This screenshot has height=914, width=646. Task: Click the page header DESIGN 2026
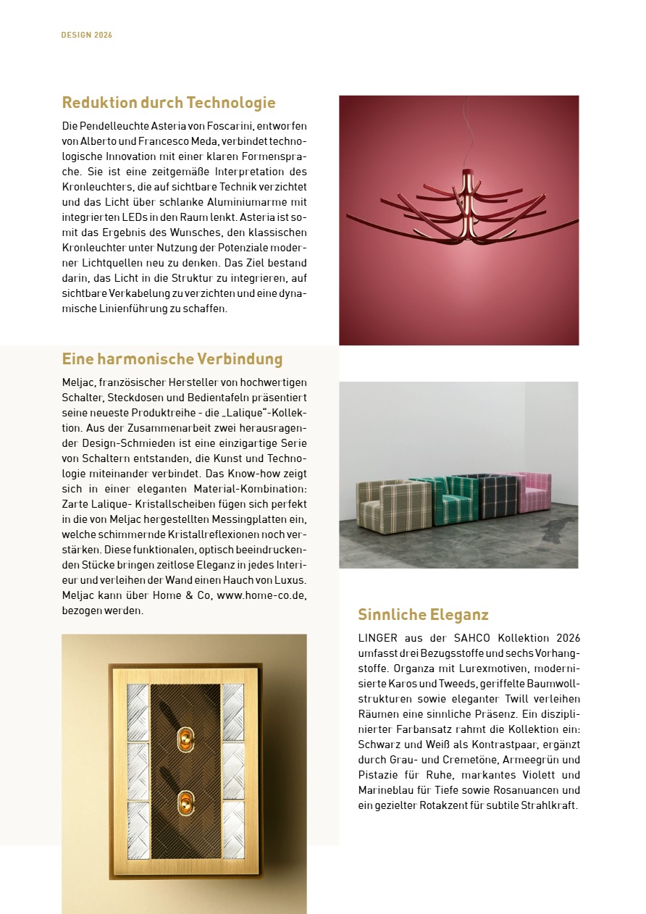[86, 35]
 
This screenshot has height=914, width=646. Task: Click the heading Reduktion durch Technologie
[168, 103]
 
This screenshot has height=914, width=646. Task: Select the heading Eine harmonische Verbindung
[172, 359]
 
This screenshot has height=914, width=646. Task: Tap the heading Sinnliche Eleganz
[423, 615]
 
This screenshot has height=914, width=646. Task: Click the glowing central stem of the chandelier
[466, 206]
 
